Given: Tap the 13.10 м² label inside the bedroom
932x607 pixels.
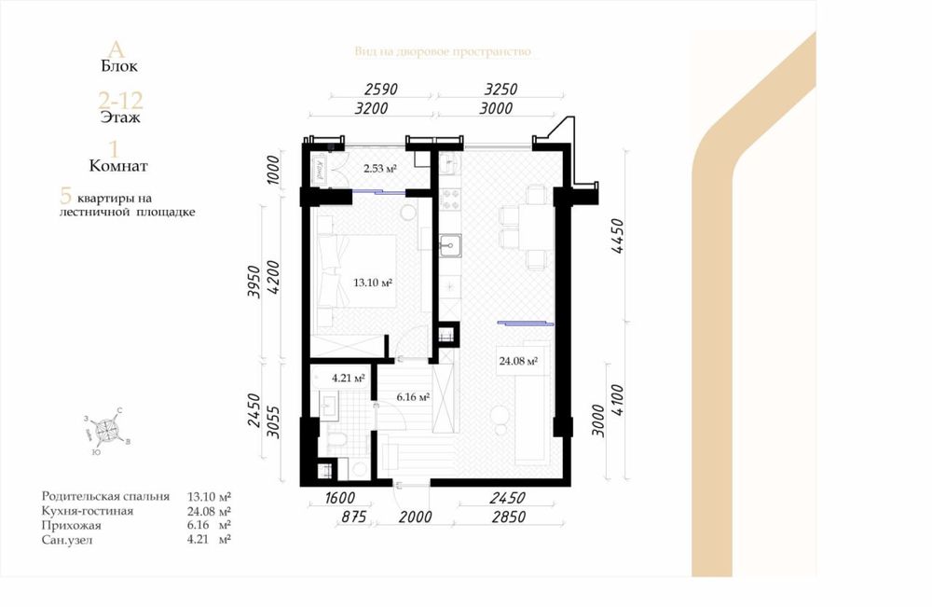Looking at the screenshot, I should click(372, 283).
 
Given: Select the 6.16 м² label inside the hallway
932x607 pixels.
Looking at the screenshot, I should click(412, 397).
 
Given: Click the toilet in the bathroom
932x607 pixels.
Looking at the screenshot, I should click(338, 441).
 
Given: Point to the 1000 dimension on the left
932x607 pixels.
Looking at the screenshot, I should click(273, 170).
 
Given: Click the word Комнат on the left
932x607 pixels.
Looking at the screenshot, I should click(118, 166).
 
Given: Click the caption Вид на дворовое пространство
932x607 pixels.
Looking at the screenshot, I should click(442, 51).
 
